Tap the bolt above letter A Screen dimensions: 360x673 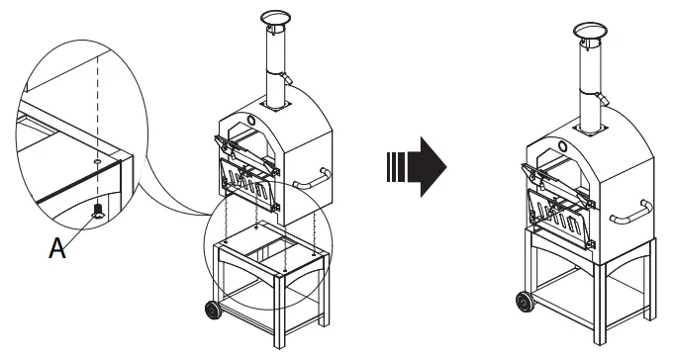coord(98,209)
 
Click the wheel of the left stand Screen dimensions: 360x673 coord(213,311)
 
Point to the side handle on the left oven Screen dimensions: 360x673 coord(314,179)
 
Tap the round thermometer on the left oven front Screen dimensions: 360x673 coord(251,120)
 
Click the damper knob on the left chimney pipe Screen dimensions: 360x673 coord(288,79)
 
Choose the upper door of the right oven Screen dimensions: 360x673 coord(562,172)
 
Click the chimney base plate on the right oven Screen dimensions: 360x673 coord(593,128)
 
